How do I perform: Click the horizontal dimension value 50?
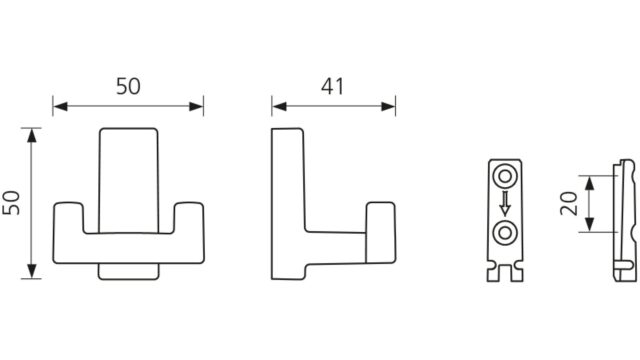pyautogui.click(x=128, y=87)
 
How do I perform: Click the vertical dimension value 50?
pyautogui.click(x=11, y=203)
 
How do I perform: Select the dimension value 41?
pyautogui.click(x=332, y=87)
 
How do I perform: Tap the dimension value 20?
pyautogui.click(x=569, y=204)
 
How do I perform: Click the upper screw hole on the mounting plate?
pyautogui.click(x=505, y=177)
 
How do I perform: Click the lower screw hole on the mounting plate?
pyautogui.click(x=505, y=233)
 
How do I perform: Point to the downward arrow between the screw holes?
pyautogui.click(x=505, y=203)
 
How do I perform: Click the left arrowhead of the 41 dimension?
pyautogui.click(x=279, y=107)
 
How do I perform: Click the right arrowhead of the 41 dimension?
pyautogui.click(x=388, y=107)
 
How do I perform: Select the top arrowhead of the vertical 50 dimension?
pyautogui.click(x=31, y=136)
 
